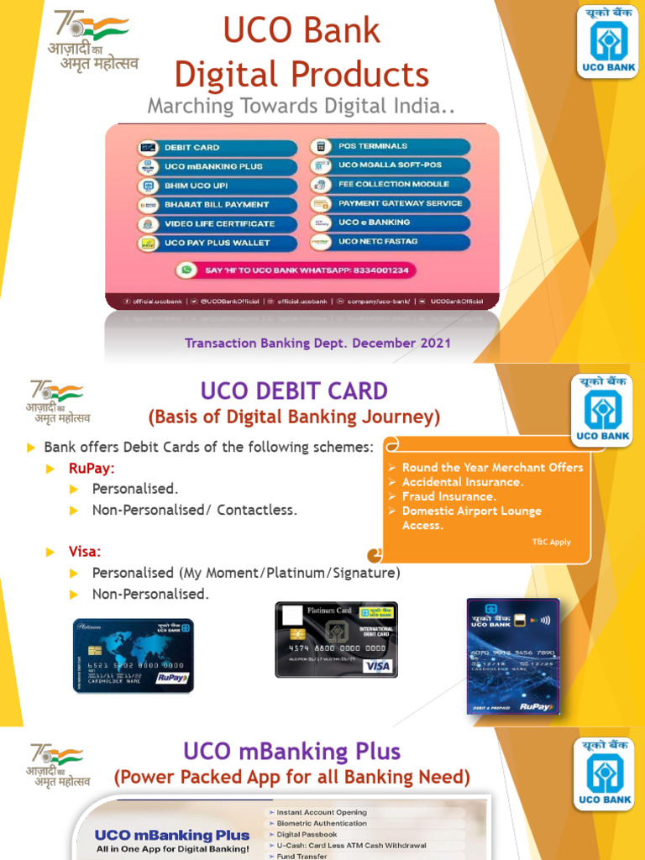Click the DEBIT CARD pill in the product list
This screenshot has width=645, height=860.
pyautogui.click(x=217, y=147)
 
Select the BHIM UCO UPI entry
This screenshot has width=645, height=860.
pyautogui.click(x=217, y=186)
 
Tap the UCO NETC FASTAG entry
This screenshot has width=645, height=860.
pyautogui.click(x=390, y=242)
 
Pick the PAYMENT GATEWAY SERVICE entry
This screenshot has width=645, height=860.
pyautogui.click(x=390, y=203)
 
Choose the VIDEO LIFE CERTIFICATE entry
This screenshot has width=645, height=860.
pyautogui.click(x=217, y=224)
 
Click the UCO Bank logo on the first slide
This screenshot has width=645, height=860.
pyautogui.click(x=607, y=41)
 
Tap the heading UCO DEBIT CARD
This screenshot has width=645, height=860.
pyautogui.click(x=293, y=391)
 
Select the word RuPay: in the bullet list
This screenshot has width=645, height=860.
pyautogui.click(x=92, y=468)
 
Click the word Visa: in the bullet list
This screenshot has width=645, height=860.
pyautogui.click(x=85, y=552)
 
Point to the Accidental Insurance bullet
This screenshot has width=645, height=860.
pyautogui.click(x=462, y=482)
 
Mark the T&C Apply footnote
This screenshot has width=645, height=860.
pyautogui.click(x=551, y=542)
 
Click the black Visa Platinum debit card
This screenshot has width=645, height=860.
pyautogui.click(x=336, y=639)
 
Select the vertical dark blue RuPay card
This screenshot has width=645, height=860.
pyautogui.click(x=512, y=656)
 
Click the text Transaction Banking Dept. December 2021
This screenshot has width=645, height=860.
pyautogui.click(x=317, y=343)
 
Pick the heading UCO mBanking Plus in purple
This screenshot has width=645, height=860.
pyautogui.click(x=291, y=751)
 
